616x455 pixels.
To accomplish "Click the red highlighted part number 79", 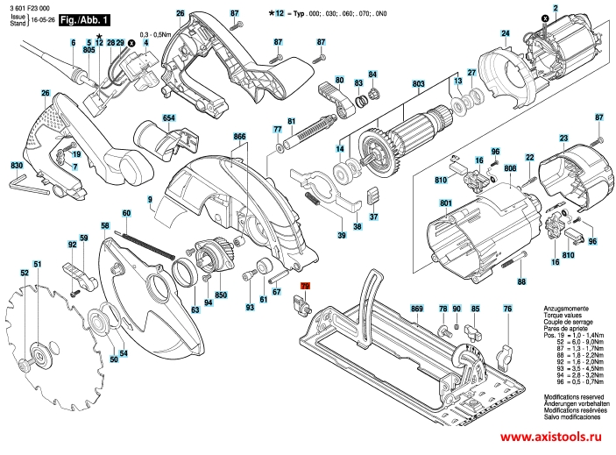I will pyautogui.click(x=306, y=287).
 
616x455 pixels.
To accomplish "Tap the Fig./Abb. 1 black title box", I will pyautogui.click(x=86, y=18).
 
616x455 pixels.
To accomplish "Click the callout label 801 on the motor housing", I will pyautogui.click(x=445, y=204).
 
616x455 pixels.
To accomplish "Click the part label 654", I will pyautogui.click(x=168, y=117).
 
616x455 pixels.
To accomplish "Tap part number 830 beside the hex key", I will pyautogui.click(x=16, y=166).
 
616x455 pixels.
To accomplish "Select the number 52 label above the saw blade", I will pyautogui.click(x=25, y=274).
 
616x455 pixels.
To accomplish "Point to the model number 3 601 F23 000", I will pyautogui.click(x=30, y=6).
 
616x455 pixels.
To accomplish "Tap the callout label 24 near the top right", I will pyautogui.click(x=505, y=34).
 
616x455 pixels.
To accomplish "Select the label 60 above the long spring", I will pyautogui.click(x=126, y=214).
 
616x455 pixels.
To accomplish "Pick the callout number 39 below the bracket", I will pyautogui.click(x=341, y=235).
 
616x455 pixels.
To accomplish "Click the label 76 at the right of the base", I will pyautogui.click(x=507, y=309).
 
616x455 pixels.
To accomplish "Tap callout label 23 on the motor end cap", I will pyautogui.click(x=563, y=137).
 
